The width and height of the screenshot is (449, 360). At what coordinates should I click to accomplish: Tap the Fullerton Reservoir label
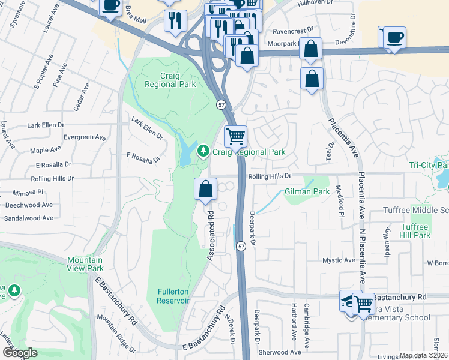click(x=173, y=296)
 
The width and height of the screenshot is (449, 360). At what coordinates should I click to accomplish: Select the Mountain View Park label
click(x=85, y=264)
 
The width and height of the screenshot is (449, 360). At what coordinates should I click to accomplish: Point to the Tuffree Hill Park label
click(x=414, y=231)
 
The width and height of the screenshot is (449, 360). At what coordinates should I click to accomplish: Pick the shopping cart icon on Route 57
click(x=235, y=136)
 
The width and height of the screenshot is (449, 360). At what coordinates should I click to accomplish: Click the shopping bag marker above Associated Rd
click(x=205, y=188)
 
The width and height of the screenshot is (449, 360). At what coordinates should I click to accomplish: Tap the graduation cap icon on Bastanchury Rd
click(x=351, y=301)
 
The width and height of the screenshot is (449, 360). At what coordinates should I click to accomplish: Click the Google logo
click(x=20, y=353)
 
